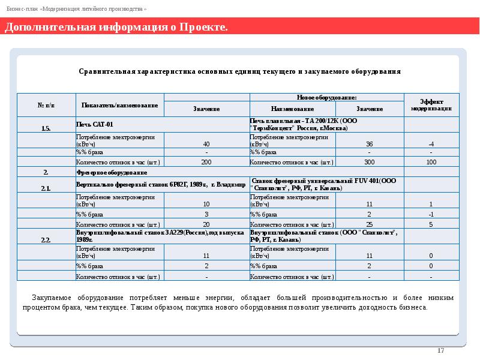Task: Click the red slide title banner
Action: click(240, 27)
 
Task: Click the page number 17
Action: click(440, 350)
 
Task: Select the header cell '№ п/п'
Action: click(46, 105)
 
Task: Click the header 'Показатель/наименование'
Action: click(119, 105)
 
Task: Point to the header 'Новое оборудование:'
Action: click(326, 97)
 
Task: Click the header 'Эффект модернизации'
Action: click(431, 105)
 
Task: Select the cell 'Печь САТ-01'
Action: click(94, 125)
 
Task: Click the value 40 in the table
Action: click(206, 144)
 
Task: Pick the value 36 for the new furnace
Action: click(369, 144)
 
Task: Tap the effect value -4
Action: click(431, 144)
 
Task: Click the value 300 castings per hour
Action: click(369, 163)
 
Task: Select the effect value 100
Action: click(431, 163)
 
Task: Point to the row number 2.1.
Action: click(46, 188)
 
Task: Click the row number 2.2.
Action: click(46, 240)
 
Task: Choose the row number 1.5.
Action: click(46, 128)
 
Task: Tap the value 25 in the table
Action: click(369, 224)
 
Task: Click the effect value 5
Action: click(431, 224)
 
